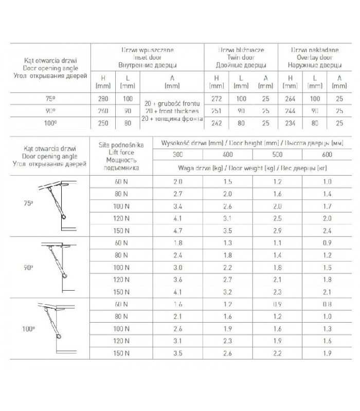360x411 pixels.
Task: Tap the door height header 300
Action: (177, 155)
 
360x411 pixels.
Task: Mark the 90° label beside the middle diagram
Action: (29, 267)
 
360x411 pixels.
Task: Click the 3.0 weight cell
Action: (177, 267)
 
